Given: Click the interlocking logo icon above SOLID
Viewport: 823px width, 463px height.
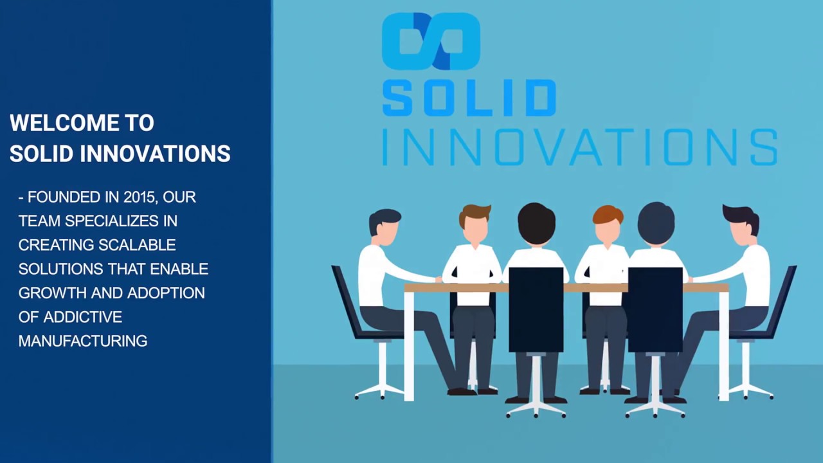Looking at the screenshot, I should point(431,41).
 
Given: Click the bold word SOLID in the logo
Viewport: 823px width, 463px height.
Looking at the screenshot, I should point(469,98).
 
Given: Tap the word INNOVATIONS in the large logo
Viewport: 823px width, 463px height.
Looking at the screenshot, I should point(579,147).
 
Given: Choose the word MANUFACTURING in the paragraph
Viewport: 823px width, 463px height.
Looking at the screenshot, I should point(83,341).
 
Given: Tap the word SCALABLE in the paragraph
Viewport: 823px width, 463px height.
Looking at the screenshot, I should point(136,245).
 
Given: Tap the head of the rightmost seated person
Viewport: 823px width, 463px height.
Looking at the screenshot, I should point(743,225).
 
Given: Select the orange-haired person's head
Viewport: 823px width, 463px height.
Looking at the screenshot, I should point(608,224).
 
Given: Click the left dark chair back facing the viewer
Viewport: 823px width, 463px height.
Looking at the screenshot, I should point(536,309).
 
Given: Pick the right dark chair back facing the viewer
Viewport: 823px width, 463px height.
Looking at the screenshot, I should point(655,309).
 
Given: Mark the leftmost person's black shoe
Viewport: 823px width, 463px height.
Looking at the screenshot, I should point(461,391).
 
